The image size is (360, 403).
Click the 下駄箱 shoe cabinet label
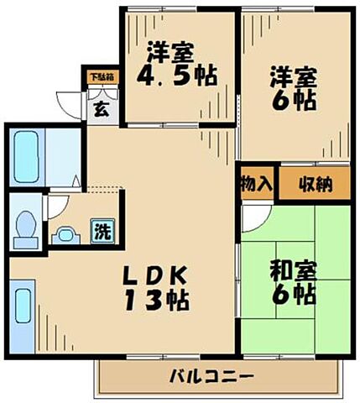(x=102, y=77)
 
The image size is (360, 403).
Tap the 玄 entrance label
(x=101, y=107)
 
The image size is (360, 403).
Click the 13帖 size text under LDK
(x=156, y=300)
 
